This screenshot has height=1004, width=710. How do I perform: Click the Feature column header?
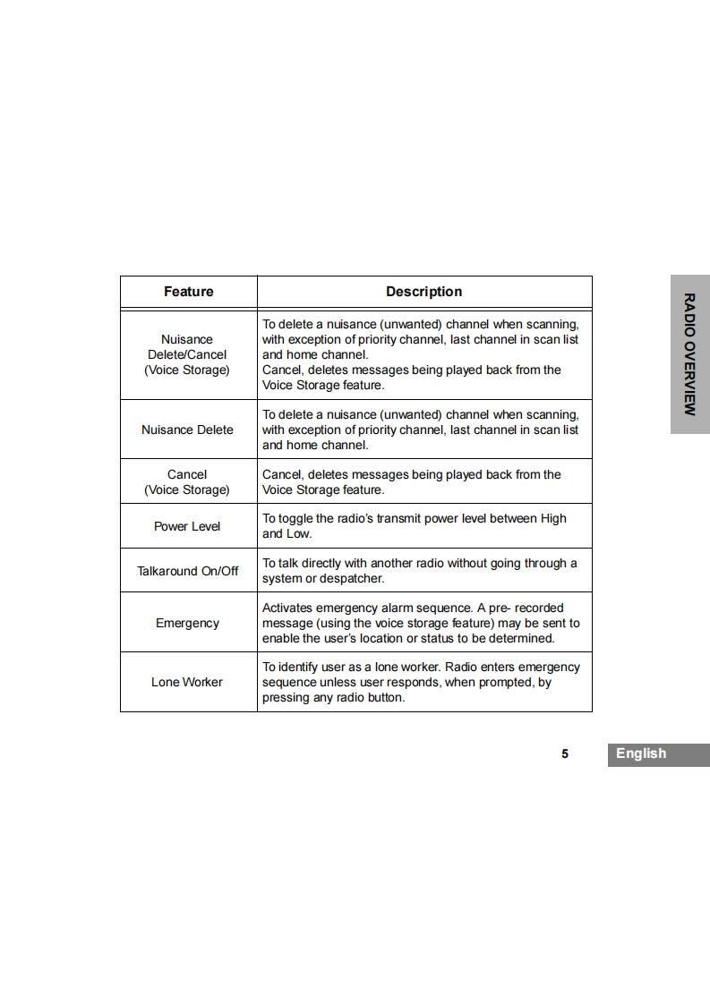click(x=189, y=292)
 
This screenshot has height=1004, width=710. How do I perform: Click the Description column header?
click(x=423, y=292)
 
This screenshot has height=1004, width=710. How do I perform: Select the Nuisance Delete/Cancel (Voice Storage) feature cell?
click(x=187, y=354)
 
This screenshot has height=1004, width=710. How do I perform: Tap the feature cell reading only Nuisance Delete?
click(x=187, y=430)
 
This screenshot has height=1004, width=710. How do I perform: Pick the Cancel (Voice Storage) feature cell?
click(x=187, y=482)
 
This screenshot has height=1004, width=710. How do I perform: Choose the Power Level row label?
click(x=187, y=526)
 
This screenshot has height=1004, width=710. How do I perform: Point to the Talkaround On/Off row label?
click(x=188, y=571)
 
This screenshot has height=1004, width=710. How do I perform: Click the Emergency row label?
click(x=187, y=623)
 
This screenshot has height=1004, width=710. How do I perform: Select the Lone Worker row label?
click(x=187, y=682)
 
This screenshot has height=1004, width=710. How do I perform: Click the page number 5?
click(x=565, y=753)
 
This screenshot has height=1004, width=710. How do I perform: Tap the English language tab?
click(x=641, y=753)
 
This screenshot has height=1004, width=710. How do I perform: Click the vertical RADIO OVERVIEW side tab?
click(x=689, y=353)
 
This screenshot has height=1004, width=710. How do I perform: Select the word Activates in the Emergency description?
click(x=288, y=608)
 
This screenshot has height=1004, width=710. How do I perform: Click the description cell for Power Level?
click(x=423, y=526)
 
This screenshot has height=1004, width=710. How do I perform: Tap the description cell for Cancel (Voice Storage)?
click(x=423, y=482)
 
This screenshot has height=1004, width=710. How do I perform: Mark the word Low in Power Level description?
click(x=298, y=533)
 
